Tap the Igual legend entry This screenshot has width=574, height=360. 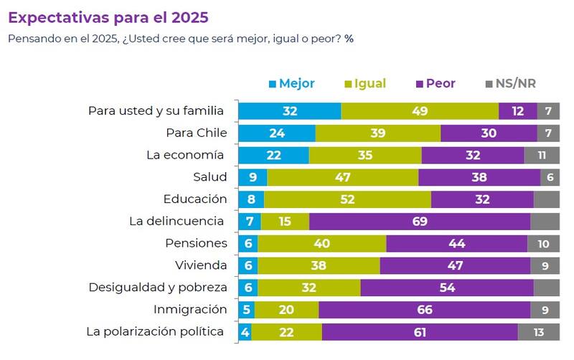coord(364,84)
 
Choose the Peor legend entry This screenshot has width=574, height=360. coord(433,84)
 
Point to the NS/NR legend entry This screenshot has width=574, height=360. coord(510,84)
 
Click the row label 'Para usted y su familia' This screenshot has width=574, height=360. coord(156,110)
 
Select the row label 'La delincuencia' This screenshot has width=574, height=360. coord(177,221)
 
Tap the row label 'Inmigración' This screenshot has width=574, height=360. coord(190,309)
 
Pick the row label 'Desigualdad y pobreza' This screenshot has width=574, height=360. coord(158,287)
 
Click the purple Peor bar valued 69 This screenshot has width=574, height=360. coord(419,221)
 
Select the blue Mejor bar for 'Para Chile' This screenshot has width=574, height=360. coord(276,133)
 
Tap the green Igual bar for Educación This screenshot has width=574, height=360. coord(347,199)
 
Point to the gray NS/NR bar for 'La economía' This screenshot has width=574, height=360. coord(542,155)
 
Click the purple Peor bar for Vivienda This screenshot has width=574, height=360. coord(455,265)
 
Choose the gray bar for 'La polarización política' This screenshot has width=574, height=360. coord(538,332)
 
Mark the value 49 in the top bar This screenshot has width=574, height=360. coord(420,111)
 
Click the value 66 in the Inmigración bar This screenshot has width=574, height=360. coord(424,310)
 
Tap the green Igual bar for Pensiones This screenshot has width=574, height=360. coord(321,243)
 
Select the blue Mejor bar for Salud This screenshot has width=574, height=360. coord(253,177)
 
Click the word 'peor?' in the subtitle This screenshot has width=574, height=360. coord(325,38)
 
